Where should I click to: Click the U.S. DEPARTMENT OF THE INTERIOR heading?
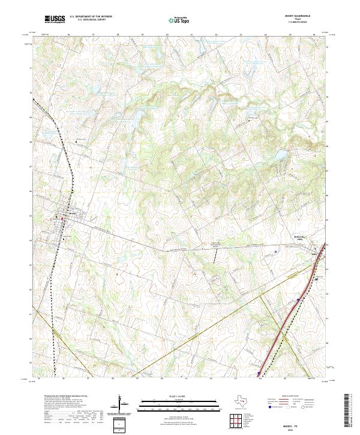point(90,17)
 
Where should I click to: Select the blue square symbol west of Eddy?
point(275,253)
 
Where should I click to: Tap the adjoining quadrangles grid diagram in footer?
point(236,422)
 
